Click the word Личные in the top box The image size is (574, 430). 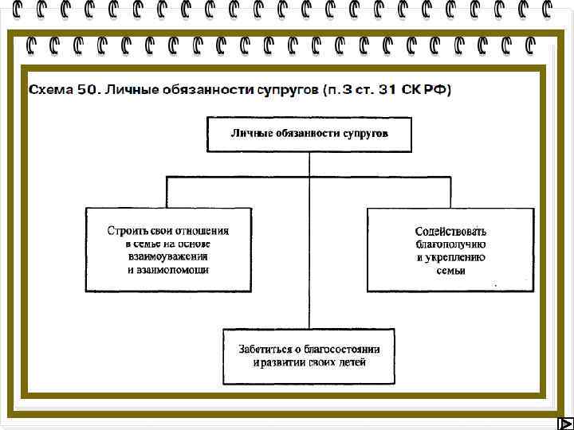[x=250, y=134]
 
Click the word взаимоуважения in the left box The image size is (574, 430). [x=168, y=256]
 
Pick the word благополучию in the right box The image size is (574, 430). [x=451, y=244]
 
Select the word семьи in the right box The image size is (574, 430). [x=451, y=270]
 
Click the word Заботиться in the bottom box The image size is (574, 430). [x=265, y=349]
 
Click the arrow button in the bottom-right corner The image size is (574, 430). [x=562, y=423]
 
